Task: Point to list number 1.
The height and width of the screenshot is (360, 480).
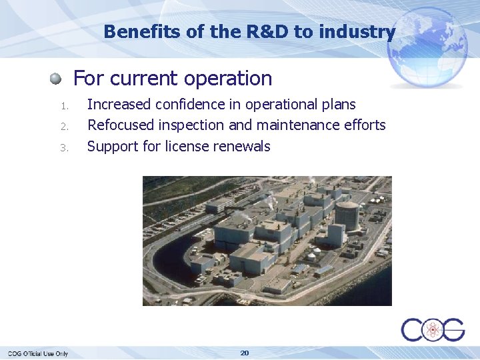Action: click(x=64, y=105)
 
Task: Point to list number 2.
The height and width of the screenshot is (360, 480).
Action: click(x=64, y=126)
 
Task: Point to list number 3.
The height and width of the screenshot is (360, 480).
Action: click(x=64, y=147)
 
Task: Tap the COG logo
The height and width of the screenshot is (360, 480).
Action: click(x=433, y=329)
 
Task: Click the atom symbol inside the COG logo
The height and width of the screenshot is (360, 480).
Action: click(x=433, y=329)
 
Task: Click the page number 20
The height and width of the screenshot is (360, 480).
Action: click(x=245, y=353)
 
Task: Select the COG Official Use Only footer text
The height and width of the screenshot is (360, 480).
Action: click(x=38, y=353)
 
